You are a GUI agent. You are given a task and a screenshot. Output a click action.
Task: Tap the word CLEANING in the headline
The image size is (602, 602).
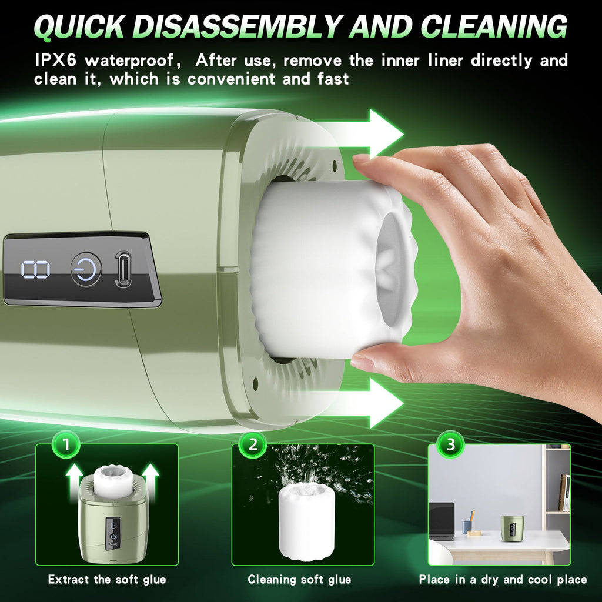(494, 27)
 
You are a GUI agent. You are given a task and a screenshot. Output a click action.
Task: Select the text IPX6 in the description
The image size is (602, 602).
(55, 61)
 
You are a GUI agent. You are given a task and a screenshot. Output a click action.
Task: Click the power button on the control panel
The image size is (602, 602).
(86, 269)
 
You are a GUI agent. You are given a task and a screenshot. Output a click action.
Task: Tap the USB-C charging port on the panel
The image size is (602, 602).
(123, 269)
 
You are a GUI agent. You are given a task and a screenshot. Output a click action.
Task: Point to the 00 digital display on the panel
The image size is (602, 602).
(35, 269)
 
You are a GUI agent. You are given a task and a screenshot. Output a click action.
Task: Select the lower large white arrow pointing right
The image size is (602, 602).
(369, 403)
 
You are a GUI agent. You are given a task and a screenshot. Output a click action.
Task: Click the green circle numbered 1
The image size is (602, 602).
(66, 444)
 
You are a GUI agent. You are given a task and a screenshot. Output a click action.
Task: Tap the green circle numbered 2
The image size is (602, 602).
(253, 444)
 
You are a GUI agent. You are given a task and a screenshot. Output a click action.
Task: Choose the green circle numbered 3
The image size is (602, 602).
(451, 444)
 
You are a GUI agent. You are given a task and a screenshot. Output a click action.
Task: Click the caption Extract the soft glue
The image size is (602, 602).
(107, 579)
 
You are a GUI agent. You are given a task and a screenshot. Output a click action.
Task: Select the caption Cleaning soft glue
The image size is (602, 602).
(299, 579)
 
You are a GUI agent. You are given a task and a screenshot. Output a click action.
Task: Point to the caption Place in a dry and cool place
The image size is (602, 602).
(503, 579)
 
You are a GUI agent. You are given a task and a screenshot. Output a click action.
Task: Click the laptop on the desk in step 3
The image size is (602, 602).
(441, 521)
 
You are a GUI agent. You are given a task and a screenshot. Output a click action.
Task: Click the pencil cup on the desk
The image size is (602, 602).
(467, 527)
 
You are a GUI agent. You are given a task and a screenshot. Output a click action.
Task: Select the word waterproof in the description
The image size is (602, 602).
(130, 61)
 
